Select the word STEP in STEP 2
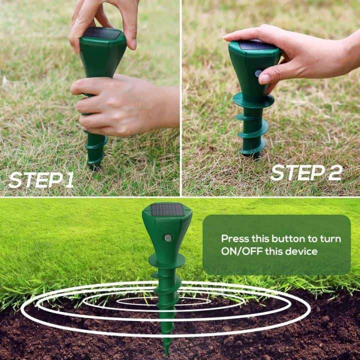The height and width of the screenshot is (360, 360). [x=295, y=172]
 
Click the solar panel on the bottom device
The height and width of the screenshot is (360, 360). [x=167, y=209]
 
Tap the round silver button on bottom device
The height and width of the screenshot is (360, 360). [x=168, y=237]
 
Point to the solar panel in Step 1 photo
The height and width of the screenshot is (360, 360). [x=102, y=34]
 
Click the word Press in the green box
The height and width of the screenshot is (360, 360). [x=235, y=238]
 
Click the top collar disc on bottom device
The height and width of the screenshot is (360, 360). [x=167, y=260]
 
